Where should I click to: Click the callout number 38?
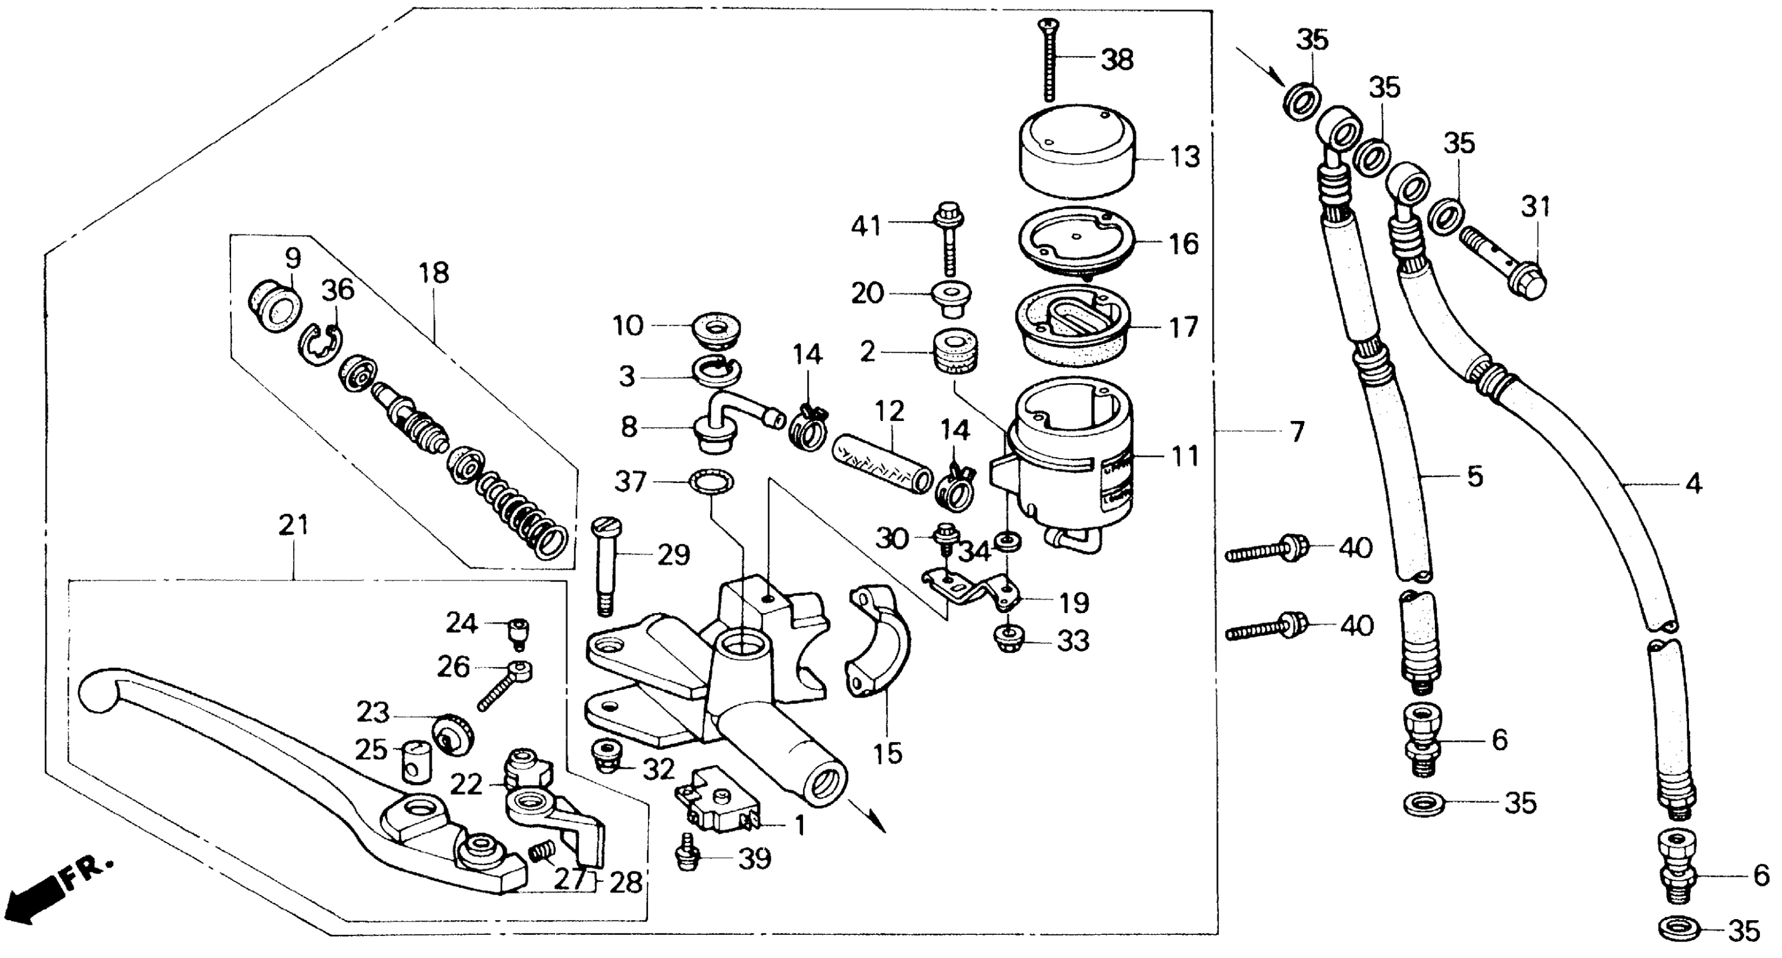[x=1117, y=60]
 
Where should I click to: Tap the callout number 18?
[x=434, y=273]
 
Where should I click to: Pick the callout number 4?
[x=1693, y=484]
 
